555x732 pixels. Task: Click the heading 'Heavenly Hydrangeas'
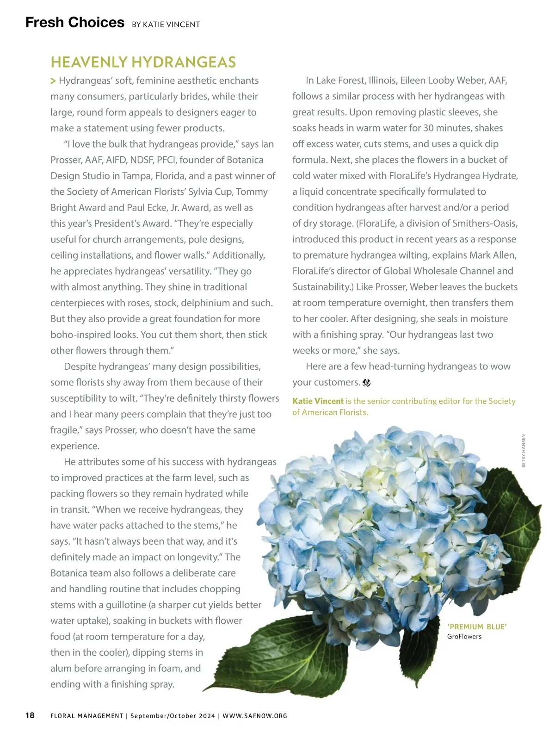point(143,62)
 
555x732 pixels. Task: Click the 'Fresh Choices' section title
point(75,22)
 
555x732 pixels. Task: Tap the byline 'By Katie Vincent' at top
point(166,25)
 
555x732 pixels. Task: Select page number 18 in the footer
point(30,715)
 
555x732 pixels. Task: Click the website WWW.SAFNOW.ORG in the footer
point(255,716)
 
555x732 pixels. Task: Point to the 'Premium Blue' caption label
point(477,627)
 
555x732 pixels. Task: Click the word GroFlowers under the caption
point(464,637)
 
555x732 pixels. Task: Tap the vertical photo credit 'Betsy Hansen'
point(524,451)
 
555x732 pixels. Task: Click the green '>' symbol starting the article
point(53,81)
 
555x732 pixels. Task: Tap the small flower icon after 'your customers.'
point(367,383)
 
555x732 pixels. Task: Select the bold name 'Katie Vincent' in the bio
point(318,401)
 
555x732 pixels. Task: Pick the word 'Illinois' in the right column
point(382,81)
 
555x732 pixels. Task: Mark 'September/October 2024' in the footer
point(173,716)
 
